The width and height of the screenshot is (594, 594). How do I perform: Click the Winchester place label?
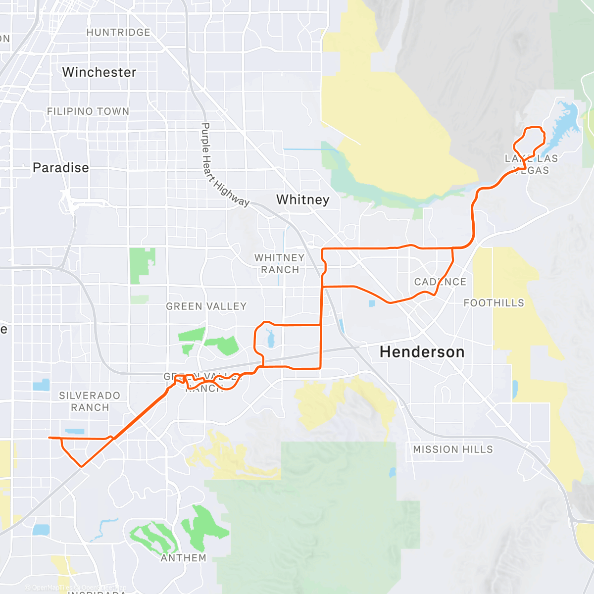(x=99, y=72)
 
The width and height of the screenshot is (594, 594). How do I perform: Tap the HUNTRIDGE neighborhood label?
(x=118, y=33)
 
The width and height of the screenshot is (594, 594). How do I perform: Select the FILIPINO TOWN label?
(x=88, y=111)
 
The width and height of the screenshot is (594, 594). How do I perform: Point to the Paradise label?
(x=61, y=168)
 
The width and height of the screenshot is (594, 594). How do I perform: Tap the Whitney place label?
(x=302, y=199)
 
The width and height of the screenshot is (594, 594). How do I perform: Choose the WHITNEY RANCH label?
(x=280, y=264)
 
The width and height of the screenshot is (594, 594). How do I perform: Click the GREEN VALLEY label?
(x=206, y=306)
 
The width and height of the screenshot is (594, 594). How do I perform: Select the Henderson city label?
(x=422, y=352)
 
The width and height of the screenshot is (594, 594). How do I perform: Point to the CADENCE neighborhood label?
(x=440, y=282)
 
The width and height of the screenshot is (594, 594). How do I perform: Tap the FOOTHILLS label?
(x=494, y=303)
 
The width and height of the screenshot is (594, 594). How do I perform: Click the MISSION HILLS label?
(x=453, y=449)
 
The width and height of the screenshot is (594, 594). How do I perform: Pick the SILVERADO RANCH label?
(x=90, y=401)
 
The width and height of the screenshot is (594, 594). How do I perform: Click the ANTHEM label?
(x=183, y=558)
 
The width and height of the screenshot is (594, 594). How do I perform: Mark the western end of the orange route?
(x=49, y=437)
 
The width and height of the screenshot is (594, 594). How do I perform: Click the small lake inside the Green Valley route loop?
(x=270, y=341)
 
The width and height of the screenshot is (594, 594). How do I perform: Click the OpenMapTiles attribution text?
(x=51, y=588)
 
